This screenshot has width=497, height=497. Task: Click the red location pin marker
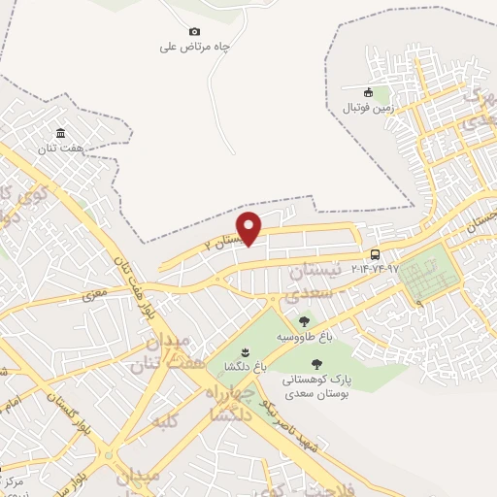pyautogui.click(x=250, y=228)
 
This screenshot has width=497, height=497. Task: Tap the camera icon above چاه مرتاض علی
pyautogui.click(x=194, y=31)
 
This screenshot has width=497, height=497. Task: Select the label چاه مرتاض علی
pyautogui.click(x=194, y=46)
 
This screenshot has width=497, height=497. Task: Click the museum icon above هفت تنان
pyautogui.click(x=61, y=133)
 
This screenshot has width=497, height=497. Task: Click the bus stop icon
pyautogui.click(x=376, y=254)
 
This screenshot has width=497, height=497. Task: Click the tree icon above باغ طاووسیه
pyautogui.click(x=304, y=321)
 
